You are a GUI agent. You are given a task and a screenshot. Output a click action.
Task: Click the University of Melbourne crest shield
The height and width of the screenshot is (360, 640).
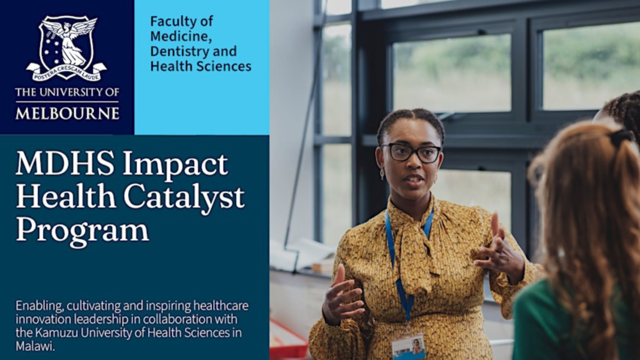(66, 47)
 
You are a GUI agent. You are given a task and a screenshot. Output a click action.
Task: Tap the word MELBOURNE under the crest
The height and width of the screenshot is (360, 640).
(67, 113)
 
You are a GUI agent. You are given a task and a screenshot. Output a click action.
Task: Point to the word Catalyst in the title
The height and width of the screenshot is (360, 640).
(184, 197)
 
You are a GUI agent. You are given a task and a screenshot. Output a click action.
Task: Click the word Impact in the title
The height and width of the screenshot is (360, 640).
(176, 166)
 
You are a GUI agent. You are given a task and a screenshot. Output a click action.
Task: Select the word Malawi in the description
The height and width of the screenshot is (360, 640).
(35, 346)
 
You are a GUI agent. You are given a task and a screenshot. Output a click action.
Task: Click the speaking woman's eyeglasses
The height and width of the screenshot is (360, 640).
(412, 153)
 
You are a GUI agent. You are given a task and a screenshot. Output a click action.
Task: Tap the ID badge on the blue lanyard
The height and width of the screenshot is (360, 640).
(408, 346)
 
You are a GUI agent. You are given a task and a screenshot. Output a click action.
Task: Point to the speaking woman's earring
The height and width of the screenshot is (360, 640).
(382, 174)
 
